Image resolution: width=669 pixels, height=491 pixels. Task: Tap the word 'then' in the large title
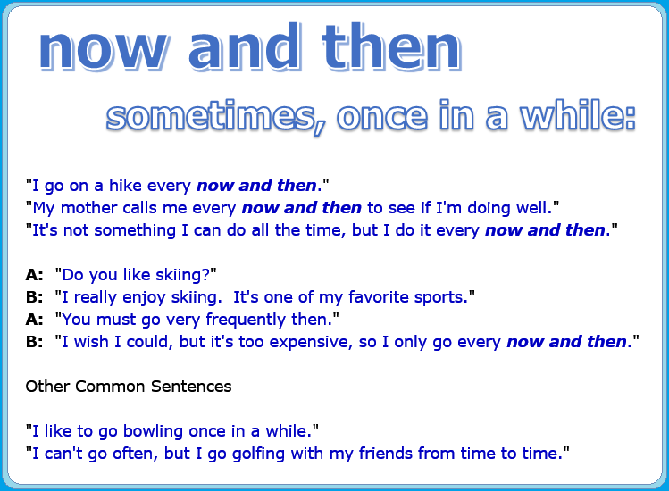pyautogui.click(x=392, y=46)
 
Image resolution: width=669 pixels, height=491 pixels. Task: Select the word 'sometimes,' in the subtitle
pyautogui.click(x=216, y=117)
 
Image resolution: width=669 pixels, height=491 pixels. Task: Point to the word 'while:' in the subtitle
pyautogui.click(x=578, y=114)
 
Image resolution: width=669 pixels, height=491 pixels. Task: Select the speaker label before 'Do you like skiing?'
pyautogui.click(x=34, y=275)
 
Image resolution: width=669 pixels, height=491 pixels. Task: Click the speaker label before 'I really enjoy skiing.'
pyautogui.click(x=34, y=297)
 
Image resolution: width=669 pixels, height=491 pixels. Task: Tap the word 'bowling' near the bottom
pyautogui.click(x=153, y=432)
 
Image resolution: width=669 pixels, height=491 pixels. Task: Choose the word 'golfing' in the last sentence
pyautogui.click(x=258, y=454)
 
